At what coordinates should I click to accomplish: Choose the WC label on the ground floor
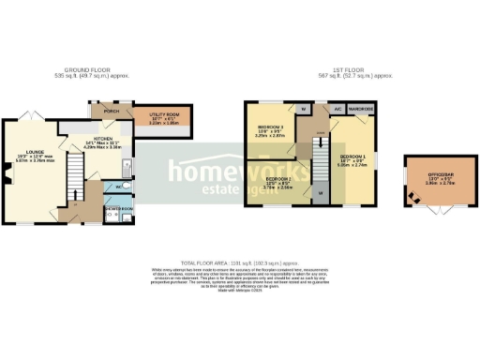[x=111, y=187]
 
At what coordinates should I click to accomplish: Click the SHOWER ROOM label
[x=119, y=208]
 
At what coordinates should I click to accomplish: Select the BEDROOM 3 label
[x=269, y=128]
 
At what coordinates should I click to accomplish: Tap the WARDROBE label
[x=361, y=109]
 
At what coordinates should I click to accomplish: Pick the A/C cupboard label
[x=337, y=109]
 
